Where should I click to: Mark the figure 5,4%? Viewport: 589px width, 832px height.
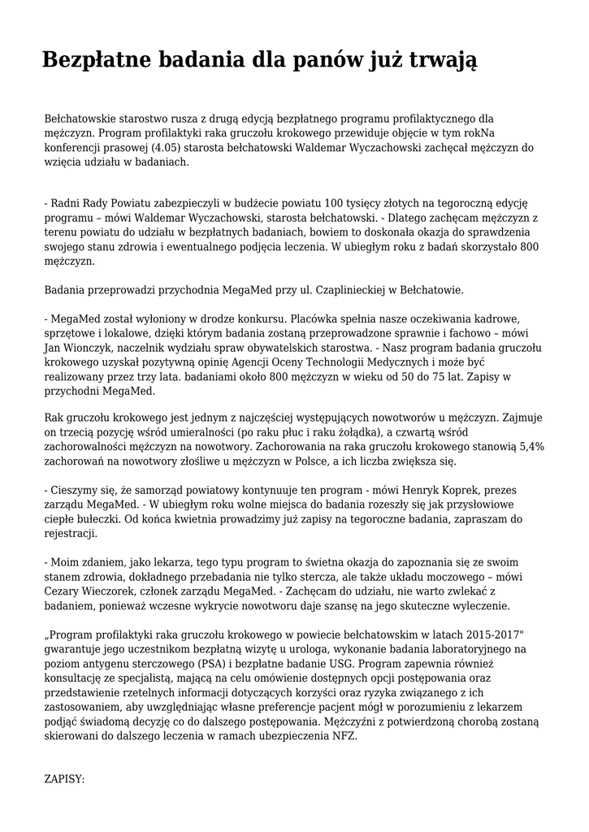530,447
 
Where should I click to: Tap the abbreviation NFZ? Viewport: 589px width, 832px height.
344,737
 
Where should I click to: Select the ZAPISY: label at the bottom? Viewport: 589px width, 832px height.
64,779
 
